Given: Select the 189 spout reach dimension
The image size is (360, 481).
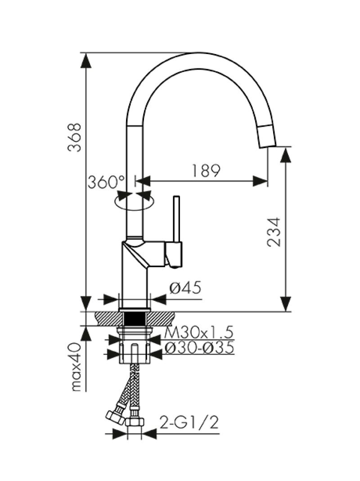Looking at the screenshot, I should [x=205, y=171].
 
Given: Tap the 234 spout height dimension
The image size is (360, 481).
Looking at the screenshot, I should [x=273, y=232].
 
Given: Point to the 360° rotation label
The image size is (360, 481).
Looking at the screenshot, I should [x=106, y=182].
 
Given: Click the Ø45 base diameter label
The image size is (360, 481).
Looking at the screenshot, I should [x=185, y=287].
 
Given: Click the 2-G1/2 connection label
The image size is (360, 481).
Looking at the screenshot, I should [x=189, y=423].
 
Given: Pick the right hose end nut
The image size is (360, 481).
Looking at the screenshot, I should [x=135, y=422].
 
